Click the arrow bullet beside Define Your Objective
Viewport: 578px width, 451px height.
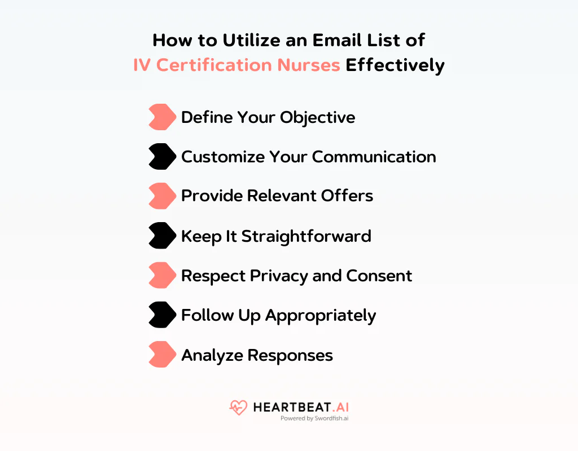click(x=162, y=117)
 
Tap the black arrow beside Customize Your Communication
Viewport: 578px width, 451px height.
click(x=162, y=157)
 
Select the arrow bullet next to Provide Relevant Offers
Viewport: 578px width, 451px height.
click(x=162, y=196)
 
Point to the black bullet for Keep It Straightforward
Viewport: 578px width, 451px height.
click(x=162, y=236)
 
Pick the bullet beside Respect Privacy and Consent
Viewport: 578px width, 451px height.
click(x=162, y=276)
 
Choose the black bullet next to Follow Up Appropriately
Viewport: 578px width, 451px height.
click(x=162, y=315)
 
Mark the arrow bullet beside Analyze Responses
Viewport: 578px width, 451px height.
click(x=162, y=355)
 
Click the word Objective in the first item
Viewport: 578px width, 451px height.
click(x=318, y=117)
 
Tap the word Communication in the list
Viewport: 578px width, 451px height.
click(x=374, y=157)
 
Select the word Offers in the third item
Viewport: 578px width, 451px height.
click(x=347, y=196)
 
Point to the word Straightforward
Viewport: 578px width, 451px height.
click(x=306, y=236)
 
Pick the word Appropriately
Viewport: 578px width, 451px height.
click(x=320, y=316)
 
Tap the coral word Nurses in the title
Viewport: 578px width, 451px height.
click(x=308, y=65)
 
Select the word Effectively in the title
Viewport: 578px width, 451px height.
click(x=395, y=65)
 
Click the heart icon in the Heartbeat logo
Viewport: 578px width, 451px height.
click(x=238, y=408)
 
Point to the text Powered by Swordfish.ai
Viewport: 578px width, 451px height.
click(x=314, y=419)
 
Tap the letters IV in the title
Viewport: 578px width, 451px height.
click(x=142, y=65)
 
